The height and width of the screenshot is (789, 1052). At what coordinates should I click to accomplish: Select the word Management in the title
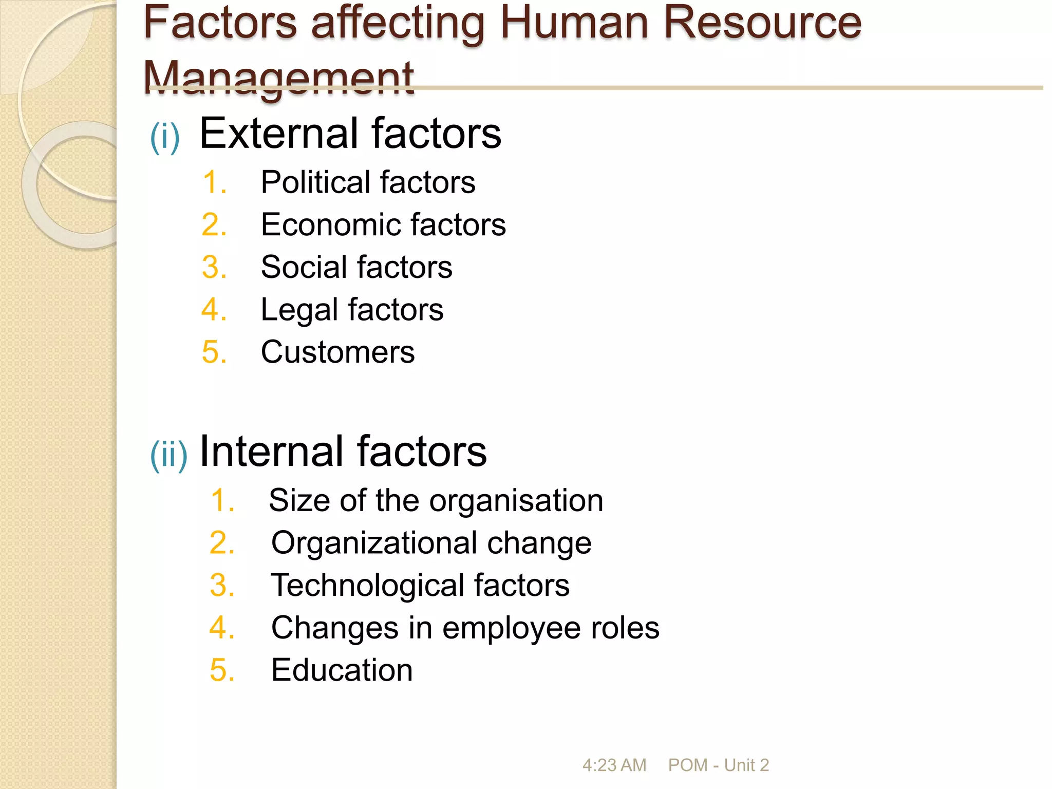pyautogui.click(x=278, y=78)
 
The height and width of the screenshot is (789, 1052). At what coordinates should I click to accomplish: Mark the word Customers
pyautogui.click(x=337, y=352)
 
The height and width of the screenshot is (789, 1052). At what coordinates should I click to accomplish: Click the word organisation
pyautogui.click(x=516, y=501)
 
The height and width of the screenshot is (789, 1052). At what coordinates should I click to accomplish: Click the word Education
pyautogui.click(x=342, y=670)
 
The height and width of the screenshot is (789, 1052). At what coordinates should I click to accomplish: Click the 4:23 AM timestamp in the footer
pyautogui.click(x=614, y=765)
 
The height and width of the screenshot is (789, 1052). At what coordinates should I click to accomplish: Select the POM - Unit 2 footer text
pyautogui.click(x=718, y=765)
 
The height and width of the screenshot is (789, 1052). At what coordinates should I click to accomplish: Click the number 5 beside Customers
pyautogui.click(x=213, y=352)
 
